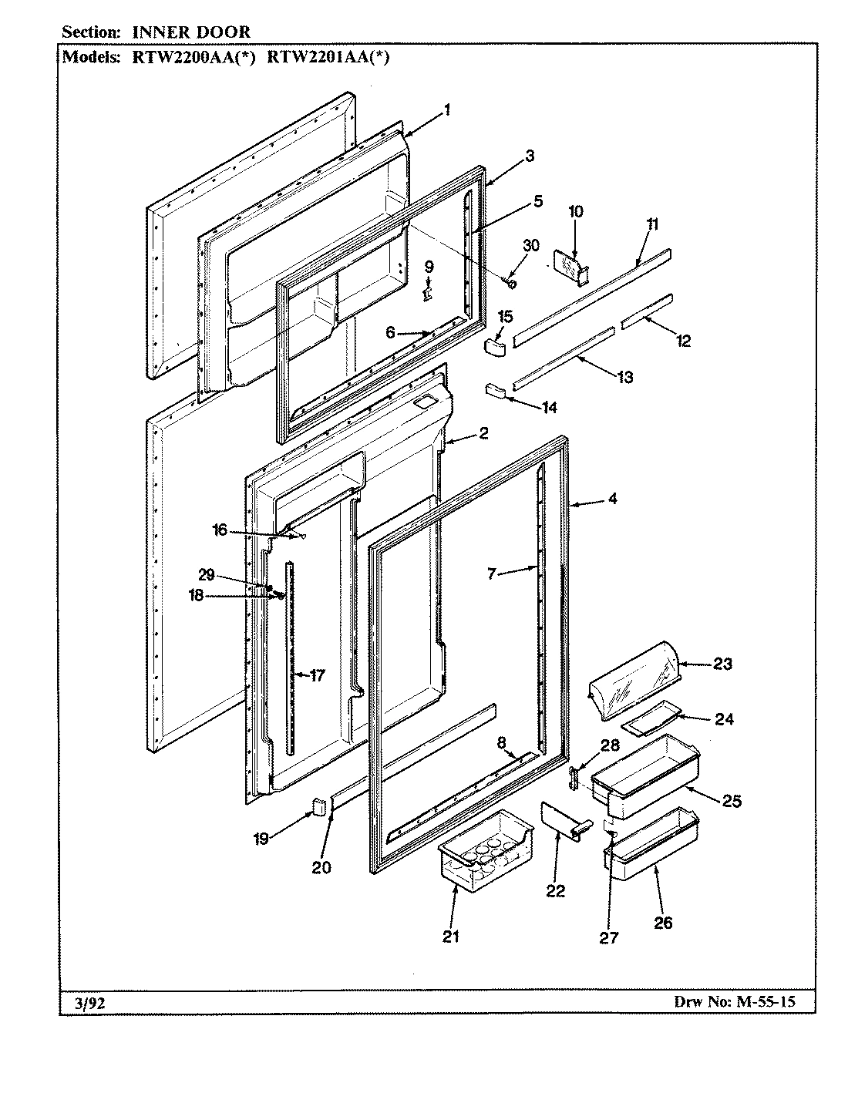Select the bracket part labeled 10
point(570,266)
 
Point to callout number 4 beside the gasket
point(611,499)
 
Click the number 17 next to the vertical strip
point(317,675)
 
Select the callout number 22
point(555,891)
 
